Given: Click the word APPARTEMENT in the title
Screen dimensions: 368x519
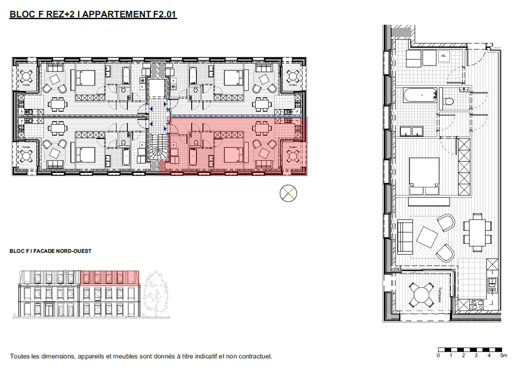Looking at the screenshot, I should pyautogui.click(x=116, y=14).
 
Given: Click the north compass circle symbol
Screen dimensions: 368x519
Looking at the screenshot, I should pyautogui.click(x=288, y=193).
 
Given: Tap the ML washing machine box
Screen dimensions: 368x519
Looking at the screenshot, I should pyautogui.click(x=444, y=56).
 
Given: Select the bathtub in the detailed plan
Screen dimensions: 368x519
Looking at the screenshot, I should pyautogui.click(x=420, y=95).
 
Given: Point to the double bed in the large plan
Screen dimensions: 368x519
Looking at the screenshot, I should pyautogui.click(x=424, y=176).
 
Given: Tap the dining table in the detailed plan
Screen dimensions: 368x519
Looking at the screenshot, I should pyautogui.click(x=477, y=233).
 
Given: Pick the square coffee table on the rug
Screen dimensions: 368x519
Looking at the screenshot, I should pyautogui.click(x=427, y=237).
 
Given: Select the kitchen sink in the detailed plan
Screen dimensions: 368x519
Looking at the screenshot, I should pyautogui.click(x=492, y=282).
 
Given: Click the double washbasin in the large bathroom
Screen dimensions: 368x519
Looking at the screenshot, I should pyautogui.click(x=411, y=131).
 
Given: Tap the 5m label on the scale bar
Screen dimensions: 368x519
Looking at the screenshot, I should pyautogui.click(x=503, y=355).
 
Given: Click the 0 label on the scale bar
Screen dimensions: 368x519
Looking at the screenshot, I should pyautogui.click(x=438, y=355).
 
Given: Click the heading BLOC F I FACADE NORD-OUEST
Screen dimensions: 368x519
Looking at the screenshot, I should pyautogui.click(x=50, y=251).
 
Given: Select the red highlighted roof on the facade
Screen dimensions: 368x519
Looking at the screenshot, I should pyautogui.click(x=109, y=278).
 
